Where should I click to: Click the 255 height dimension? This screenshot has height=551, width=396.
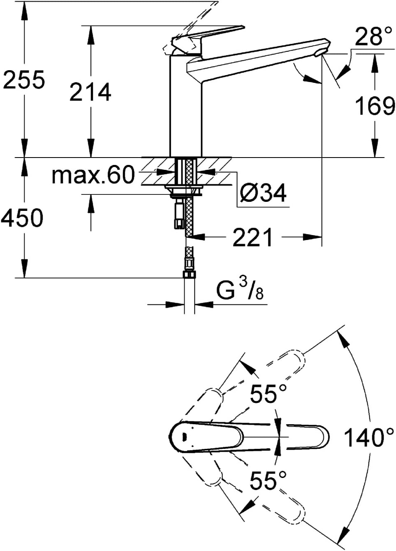click(x=24, y=80)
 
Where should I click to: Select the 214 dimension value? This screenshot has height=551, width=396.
click(x=90, y=92)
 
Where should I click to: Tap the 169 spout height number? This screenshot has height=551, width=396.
click(x=375, y=106)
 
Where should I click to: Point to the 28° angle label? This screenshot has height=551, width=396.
click(x=373, y=36)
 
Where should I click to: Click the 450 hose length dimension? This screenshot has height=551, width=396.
click(x=22, y=218)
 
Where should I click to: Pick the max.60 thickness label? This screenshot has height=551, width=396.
click(x=94, y=175)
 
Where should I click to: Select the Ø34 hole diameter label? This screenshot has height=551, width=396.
click(x=263, y=193)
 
